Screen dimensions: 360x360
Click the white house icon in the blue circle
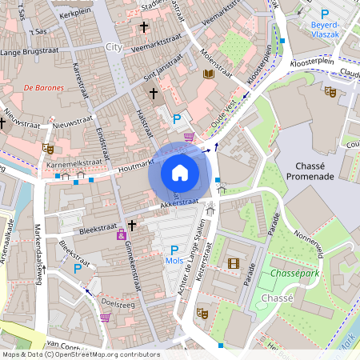point(180,172)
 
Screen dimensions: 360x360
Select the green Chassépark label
point(296,274)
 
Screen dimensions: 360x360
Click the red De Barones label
point(43,87)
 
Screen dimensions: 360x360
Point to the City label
point(114,47)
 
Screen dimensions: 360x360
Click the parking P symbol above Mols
point(174,250)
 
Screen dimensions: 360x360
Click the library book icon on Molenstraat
point(209,74)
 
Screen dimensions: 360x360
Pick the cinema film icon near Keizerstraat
point(233,263)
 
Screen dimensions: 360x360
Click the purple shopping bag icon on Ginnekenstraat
point(121,234)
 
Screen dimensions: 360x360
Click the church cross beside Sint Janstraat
point(154,94)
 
